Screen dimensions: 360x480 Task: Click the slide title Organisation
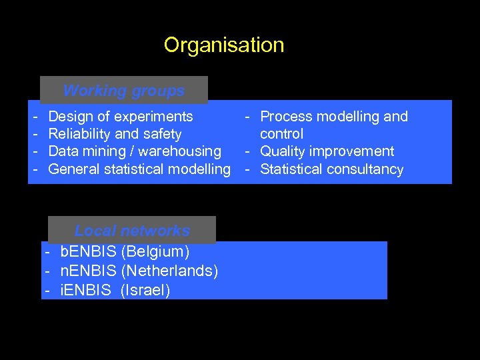224,45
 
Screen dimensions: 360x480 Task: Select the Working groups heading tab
124,90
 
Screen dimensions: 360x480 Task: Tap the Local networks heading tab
132,231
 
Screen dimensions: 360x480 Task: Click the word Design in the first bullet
71,117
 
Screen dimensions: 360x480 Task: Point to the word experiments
153,117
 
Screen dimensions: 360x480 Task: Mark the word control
281,134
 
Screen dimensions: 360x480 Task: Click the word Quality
283,151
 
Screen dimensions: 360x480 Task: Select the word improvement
353,151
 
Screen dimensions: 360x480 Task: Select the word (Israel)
145,291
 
